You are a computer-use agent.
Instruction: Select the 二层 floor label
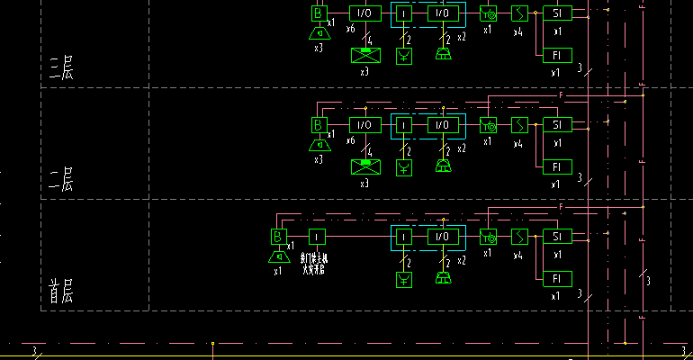click(60, 179)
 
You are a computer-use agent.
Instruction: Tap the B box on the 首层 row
click(278, 237)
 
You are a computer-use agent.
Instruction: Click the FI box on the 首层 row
click(557, 277)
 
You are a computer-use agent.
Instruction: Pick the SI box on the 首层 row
click(557, 237)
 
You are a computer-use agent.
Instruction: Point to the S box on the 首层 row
click(519, 237)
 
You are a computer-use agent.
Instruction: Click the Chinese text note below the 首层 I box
click(314, 264)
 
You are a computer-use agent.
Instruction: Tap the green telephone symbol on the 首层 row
click(405, 279)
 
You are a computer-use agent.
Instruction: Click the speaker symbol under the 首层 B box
click(278, 257)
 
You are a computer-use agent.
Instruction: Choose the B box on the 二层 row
click(318, 124)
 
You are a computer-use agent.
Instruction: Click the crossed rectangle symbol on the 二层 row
click(365, 166)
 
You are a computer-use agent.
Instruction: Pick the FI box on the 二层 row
click(557, 166)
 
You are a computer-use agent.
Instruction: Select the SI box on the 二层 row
click(557, 124)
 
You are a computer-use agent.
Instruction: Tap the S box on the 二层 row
click(519, 124)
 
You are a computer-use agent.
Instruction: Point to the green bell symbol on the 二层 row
click(442, 166)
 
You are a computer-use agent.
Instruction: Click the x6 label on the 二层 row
click(350, 141)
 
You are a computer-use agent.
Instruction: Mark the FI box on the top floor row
click(557, 54)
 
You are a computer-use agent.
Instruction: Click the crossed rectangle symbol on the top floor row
click(365, 54)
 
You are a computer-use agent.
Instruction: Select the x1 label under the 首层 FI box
click(555, 295)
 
